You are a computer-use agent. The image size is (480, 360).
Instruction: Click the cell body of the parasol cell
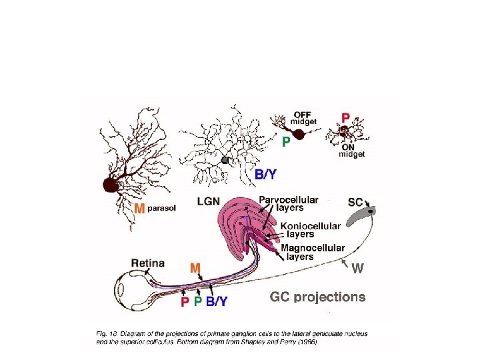[x=110, y=184]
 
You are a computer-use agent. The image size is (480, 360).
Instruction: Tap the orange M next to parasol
[x=139, y=209]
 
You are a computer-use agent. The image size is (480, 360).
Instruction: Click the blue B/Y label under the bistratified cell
[x=266, y=175]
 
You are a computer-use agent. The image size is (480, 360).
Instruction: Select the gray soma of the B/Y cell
[x=226, y=160]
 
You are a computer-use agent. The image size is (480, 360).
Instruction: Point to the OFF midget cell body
[x=299, y=135]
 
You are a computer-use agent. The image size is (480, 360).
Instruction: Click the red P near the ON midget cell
[x=345, y=118]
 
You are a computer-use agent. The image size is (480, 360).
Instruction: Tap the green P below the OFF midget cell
[x=286, y=141]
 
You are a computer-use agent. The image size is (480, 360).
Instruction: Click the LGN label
[x=210, y=201]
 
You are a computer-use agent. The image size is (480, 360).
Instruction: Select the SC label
[x=355, y=201]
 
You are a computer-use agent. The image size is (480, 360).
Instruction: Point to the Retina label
[x=148, y=263]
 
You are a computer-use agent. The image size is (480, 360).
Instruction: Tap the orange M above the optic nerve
[x=195, y=268]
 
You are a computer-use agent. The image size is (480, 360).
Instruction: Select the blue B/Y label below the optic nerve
[x=217, y=302]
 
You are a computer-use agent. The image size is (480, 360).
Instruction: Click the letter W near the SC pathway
[x=357, y=269]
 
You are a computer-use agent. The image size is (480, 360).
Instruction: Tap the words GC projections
[x=317, y=297]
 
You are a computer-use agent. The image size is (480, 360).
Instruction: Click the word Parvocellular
[x=289, y=199]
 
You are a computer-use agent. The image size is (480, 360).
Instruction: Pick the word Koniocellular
[x=311, y=226]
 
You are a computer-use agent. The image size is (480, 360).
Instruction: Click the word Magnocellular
[x=313, y=248]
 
